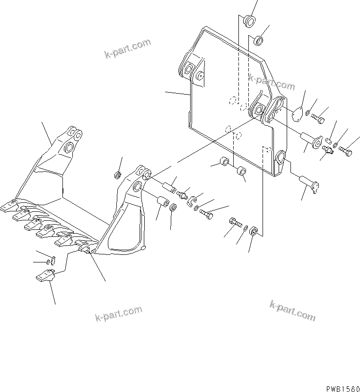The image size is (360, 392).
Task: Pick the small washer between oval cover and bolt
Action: (x=308, y=113)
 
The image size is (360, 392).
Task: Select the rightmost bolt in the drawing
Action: (x=345, y=151)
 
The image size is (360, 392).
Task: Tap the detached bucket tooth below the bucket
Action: (x=45, y=275)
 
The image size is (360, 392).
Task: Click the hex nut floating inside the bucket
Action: (x=115, y=176)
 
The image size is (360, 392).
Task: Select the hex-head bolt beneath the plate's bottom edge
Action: (x=235, y=221)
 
